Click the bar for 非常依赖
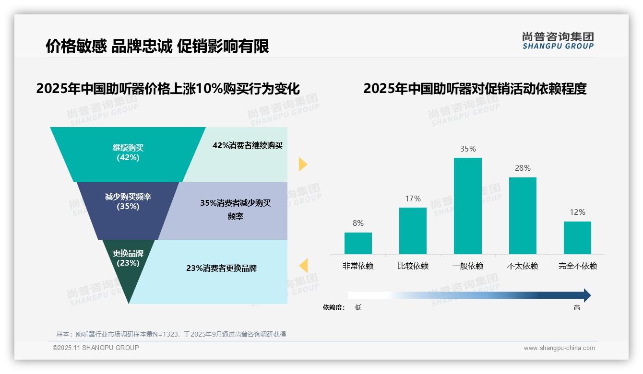click(358, 243)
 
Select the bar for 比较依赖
click(413, 231)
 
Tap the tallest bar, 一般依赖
click(467, 206)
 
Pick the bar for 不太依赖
click(523, 216)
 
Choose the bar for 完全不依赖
click(577, 238)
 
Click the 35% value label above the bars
click(468, 149)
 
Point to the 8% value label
click(358, 223)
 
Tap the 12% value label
click(577, 212)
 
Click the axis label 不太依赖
click(523, 266)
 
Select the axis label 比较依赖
click(413, 266)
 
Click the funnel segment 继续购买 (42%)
click(128, 152)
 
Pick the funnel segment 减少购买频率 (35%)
click(128, 202)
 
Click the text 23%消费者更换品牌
click(221, 269)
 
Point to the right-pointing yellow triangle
click(302, 164)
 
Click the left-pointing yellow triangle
click(303, 266)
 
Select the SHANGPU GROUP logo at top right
click(558, 41)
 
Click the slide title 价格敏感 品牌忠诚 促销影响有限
click(157, 46)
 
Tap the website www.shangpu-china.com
click(559, 348)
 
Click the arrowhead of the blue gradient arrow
click(586, 295)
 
